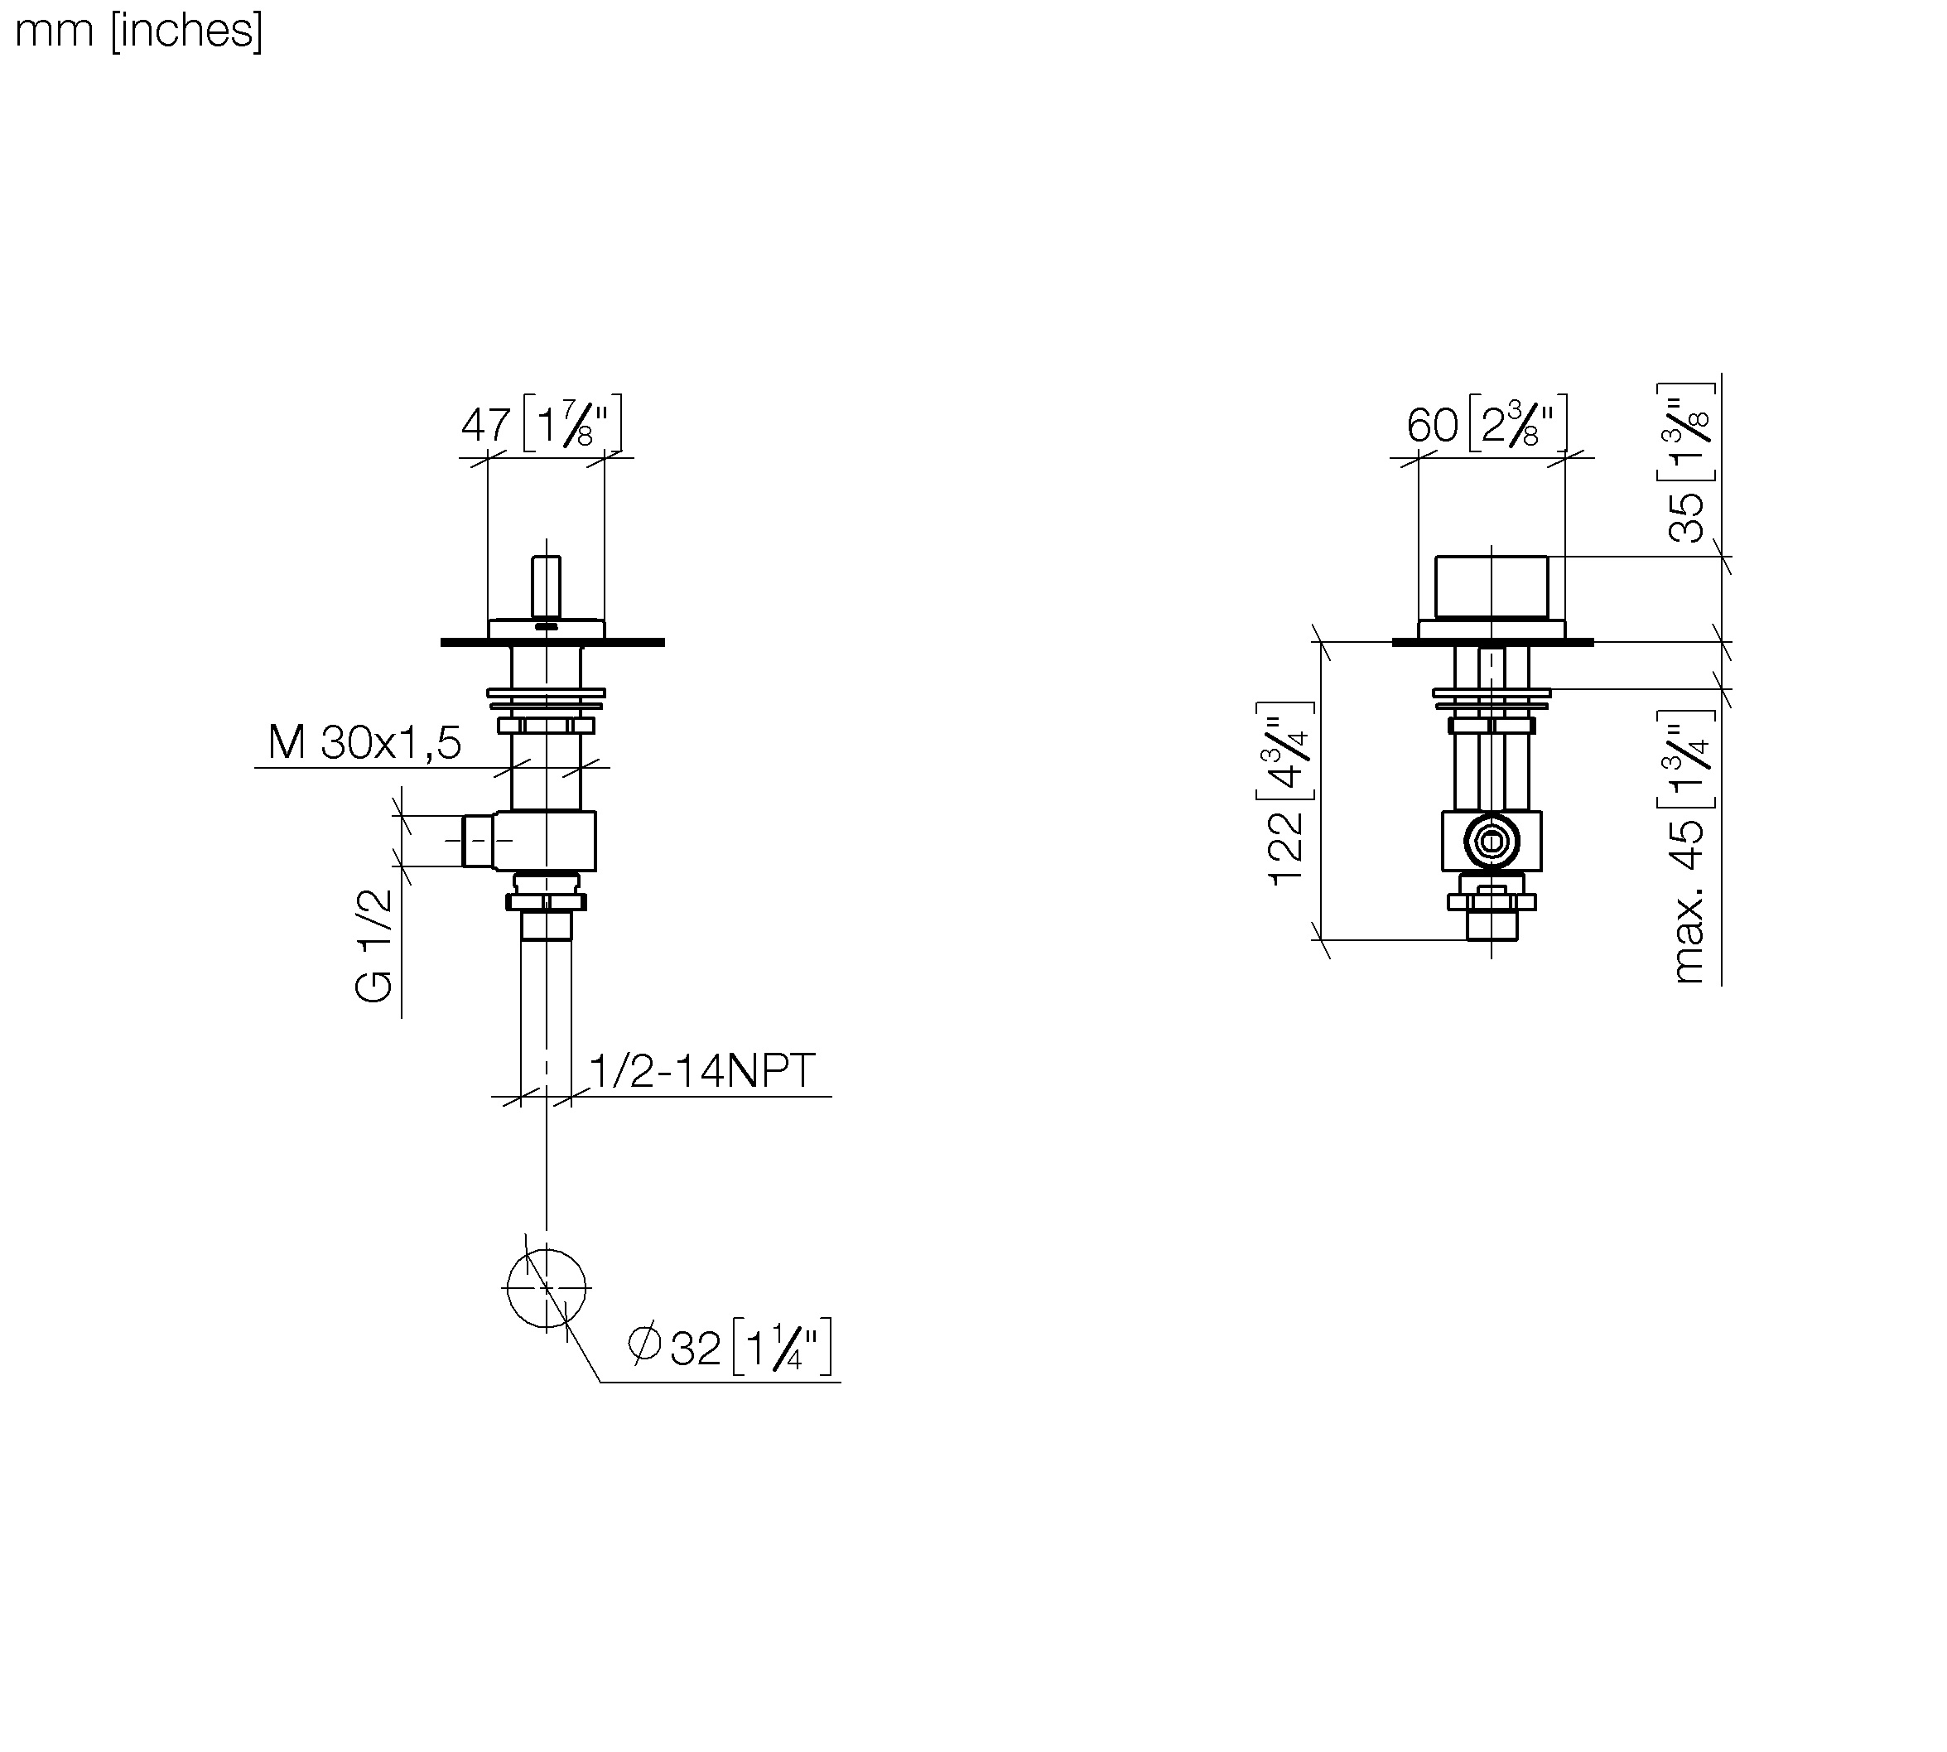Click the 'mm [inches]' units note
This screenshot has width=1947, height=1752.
click(x=138, y=31)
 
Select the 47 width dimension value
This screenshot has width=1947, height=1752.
click(x=485, y=424)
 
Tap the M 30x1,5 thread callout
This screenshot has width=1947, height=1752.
click(x=364, y=742)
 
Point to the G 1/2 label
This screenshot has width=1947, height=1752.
click(x=374, y=945)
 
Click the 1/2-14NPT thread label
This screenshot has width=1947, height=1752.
click(x=701, y=1070)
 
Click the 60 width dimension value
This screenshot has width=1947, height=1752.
click(x=1432, y=424)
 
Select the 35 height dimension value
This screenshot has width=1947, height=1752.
click(x=1686, y=518)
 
